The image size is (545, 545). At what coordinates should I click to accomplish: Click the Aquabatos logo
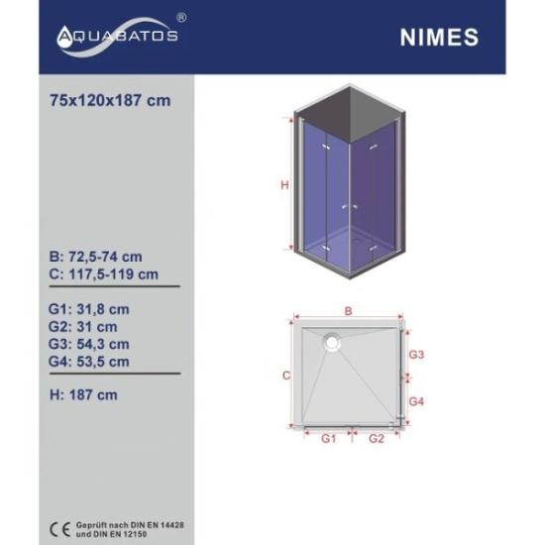pos(118,37)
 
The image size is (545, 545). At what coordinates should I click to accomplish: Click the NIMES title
pos(439,38)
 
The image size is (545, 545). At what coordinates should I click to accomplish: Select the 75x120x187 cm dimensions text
pos(110,101)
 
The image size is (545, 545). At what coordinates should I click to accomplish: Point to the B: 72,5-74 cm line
pos(95,257)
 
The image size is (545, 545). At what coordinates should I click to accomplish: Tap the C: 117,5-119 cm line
pos(104,274)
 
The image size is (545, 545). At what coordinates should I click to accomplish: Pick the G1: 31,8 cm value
pos(89,309)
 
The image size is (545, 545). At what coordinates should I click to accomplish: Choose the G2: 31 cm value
pos(83,327)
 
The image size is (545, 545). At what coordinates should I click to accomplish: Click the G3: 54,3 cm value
pos(89,344)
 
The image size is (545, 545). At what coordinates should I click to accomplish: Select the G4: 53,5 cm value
pos(89,362)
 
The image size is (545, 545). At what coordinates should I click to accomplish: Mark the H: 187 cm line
pos(83,395)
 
